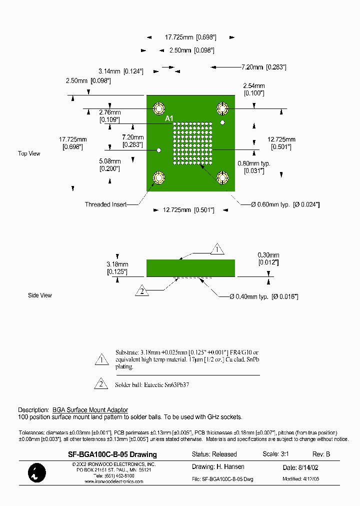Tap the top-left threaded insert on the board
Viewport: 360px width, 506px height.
point(159,108)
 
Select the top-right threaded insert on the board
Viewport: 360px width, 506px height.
point(222,108)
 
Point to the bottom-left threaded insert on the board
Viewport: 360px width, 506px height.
point(159,177)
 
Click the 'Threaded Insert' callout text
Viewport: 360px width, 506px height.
point(105,204)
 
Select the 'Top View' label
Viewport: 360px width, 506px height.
point(29,153)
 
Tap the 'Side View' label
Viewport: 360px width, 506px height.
point(40,295)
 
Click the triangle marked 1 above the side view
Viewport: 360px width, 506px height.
point(216,248)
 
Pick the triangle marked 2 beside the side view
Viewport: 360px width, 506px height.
point(142,291)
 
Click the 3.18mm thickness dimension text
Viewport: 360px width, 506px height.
point(117,264)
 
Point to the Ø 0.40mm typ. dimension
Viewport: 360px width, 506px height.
point(263,297)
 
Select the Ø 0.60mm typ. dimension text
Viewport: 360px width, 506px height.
point(285,204)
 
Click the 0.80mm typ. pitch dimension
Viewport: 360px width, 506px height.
point(253,163)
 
